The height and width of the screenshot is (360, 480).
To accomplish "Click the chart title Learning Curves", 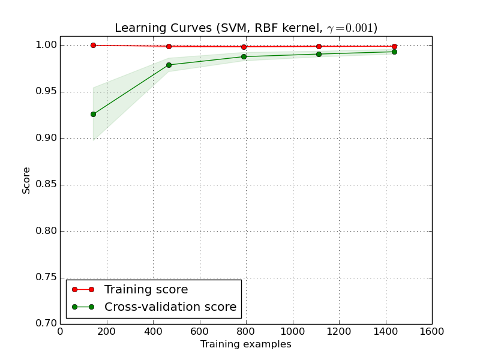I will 246,28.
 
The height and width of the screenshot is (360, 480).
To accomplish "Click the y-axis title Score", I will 26,180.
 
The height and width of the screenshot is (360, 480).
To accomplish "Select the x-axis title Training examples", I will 246,344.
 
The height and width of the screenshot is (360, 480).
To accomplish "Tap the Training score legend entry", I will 146,290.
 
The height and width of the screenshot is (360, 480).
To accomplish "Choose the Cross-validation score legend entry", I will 170,307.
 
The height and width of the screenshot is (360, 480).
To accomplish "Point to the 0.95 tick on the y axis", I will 46,92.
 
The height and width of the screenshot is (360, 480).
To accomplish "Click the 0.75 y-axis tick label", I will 46,278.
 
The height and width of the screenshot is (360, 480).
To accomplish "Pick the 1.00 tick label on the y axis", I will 46,45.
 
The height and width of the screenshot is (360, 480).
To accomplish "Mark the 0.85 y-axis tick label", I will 46,185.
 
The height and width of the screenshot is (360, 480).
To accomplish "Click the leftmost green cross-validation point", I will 93,114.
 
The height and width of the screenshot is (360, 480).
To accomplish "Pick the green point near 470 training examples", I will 169,65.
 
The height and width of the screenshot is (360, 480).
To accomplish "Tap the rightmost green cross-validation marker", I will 394,52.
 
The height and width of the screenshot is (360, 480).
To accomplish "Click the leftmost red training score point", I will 93,45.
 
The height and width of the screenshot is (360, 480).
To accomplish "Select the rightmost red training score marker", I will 394,46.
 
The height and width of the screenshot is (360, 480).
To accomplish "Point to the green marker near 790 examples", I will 244,56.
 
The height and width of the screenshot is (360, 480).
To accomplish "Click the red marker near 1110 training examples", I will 319,46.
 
